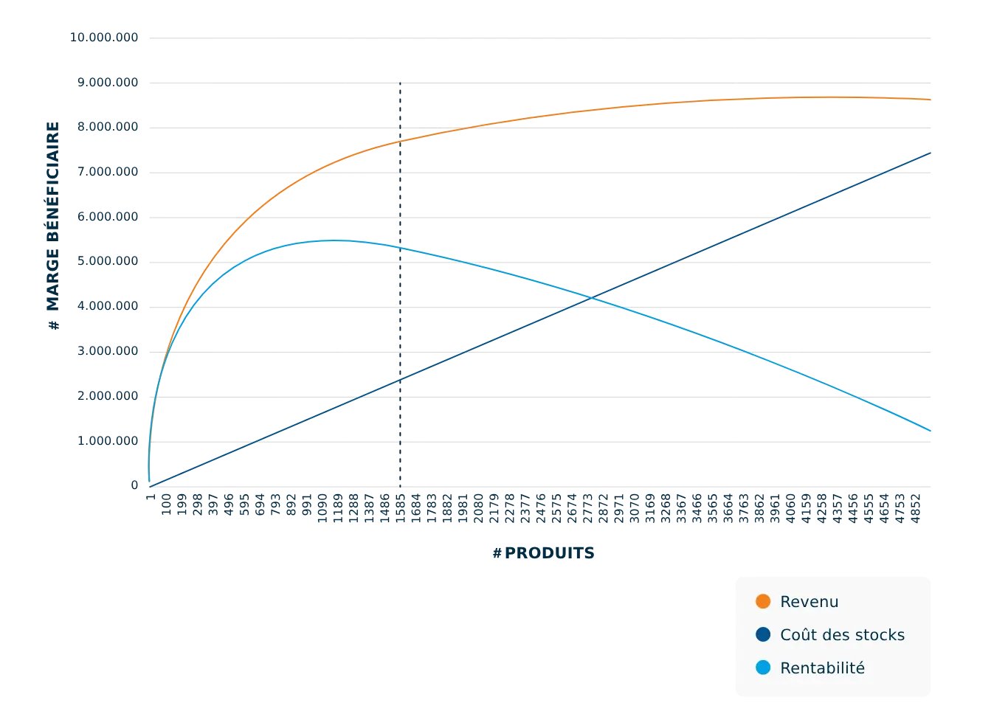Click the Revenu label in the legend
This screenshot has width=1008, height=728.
(809, 602)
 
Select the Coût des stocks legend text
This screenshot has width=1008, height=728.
(842, 635)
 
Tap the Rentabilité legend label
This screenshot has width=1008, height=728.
(822, 668)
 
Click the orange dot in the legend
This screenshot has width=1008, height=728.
(763, 602)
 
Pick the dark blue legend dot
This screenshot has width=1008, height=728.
(763, 635)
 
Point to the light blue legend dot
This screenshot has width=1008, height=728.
(763, 668)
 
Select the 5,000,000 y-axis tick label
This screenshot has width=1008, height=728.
(108, 261)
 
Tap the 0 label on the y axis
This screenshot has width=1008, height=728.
(135, 485)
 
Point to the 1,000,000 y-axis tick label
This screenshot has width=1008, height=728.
(108, 440)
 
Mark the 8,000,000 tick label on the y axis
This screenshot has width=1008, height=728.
(108, 127)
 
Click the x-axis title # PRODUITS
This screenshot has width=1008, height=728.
(543, 552)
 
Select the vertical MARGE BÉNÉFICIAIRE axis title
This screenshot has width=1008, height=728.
(52, 225)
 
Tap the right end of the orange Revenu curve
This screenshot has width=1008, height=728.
(930, 99)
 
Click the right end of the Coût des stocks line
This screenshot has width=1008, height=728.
(930, 151)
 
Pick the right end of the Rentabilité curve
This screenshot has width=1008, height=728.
(930, 430)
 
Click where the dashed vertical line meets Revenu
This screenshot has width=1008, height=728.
(399, 141)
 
